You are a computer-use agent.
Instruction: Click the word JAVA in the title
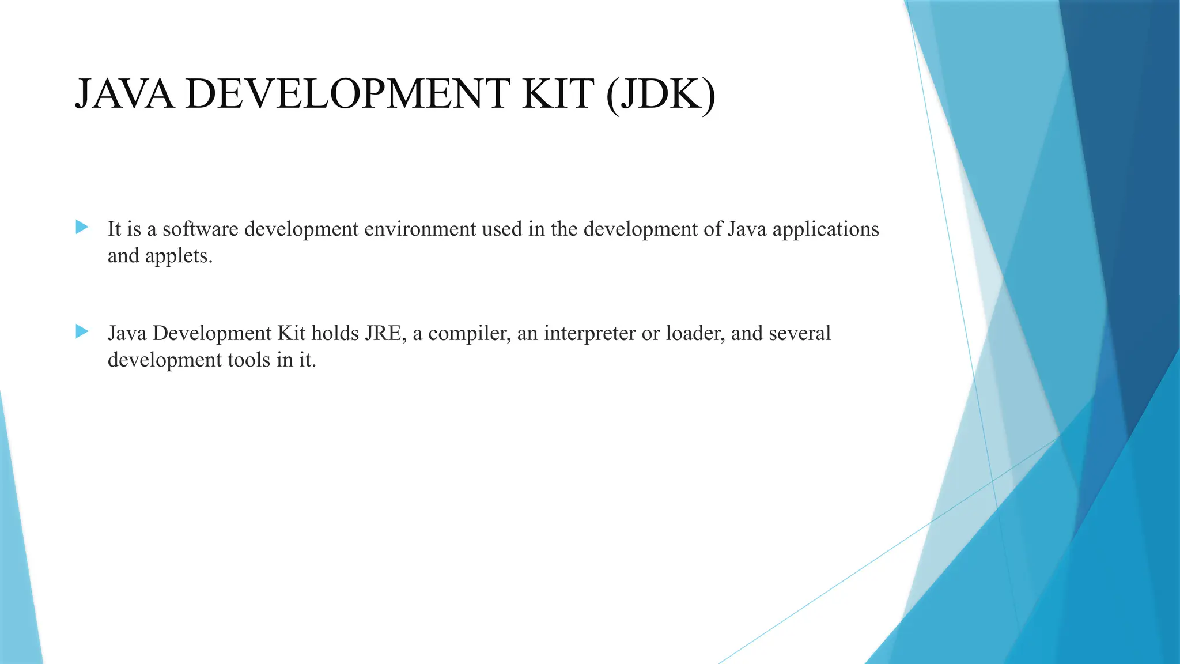pyautogui.click(x=124, y=94)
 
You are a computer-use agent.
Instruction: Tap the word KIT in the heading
pyautogui.click(x=558, y=94)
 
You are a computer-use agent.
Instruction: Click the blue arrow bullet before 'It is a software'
pyautogui.click(x=82, y=227)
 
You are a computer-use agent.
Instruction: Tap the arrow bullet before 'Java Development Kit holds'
pyautogui.click(x=82, y=331)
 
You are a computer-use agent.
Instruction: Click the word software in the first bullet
pyautogui.click(x=200, y=229)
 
